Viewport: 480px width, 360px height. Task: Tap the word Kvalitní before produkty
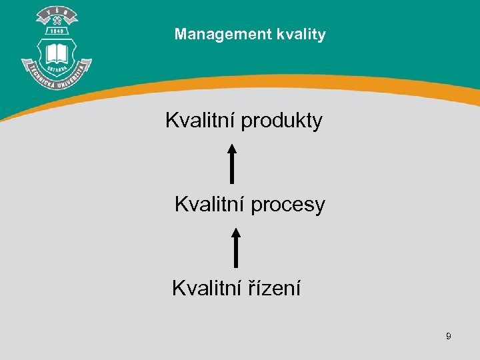tap(200, 121)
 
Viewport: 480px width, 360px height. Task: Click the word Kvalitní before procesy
tap(209, 205)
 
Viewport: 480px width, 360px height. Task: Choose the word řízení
tap(274, 289)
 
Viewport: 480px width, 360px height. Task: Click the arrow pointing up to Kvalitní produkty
tap(231, 163)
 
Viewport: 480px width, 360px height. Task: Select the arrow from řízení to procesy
tap(235, 248)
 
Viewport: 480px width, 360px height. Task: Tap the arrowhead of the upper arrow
tap(231, 148)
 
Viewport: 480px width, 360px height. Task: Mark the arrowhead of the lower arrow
tap(235, 233)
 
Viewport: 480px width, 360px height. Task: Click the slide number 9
tap(449, 337)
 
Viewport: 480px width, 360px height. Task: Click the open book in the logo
tap(56, 53)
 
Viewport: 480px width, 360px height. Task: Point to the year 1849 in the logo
tap(57, 31)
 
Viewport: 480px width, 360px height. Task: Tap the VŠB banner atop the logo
tap(57, 13)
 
